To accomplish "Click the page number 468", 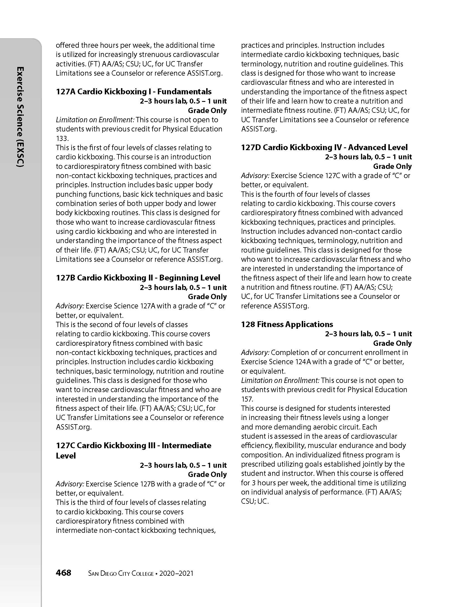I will click(63, 573).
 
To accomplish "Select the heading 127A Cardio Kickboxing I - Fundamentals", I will click(134, 92).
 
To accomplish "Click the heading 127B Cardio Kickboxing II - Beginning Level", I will click(138, 278).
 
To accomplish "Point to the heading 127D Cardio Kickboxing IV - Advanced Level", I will click(324, 147).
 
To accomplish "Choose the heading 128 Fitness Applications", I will click(287, 324).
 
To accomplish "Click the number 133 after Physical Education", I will click(62, 138).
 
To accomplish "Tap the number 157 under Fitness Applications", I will click(247, 399).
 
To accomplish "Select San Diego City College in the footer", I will click(121, 574).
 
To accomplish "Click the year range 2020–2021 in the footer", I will click(176, 574).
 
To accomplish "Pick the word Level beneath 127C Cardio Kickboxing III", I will click(66, 456).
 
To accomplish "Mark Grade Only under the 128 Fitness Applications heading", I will click(392, 343).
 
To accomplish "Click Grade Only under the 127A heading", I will click(207, 111).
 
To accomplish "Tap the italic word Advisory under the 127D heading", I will click(255, 176).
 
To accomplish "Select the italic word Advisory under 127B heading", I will click(70, 306).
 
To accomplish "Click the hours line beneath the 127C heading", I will click(183, 465).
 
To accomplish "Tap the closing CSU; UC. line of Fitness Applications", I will click(255, 501).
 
